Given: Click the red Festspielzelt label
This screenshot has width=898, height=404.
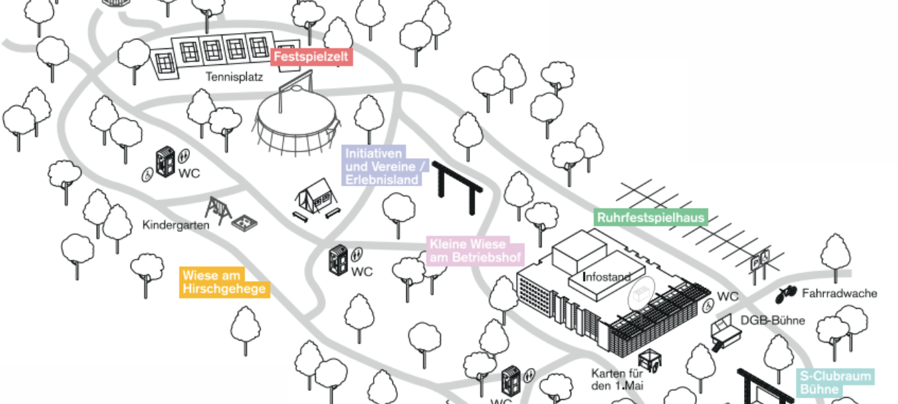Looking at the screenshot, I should click(x=312, y=57).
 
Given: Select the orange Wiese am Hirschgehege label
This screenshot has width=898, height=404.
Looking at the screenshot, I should click(x=224, y=282).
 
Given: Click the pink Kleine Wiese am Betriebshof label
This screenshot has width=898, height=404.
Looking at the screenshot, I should click(x=476, y=251).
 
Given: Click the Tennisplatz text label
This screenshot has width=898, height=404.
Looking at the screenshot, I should click(x=234, y=77).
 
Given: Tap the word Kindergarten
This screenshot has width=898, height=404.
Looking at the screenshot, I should click(x=175, y=224).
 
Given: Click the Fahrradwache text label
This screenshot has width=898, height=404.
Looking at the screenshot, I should click(x=839, y=294).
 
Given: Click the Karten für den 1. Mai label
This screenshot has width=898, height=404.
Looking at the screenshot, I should click(x=617, y=380).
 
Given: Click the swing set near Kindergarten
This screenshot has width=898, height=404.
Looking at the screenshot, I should click(x=218, y=210).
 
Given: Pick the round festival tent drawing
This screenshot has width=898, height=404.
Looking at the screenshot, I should click(x=297, y=124).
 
